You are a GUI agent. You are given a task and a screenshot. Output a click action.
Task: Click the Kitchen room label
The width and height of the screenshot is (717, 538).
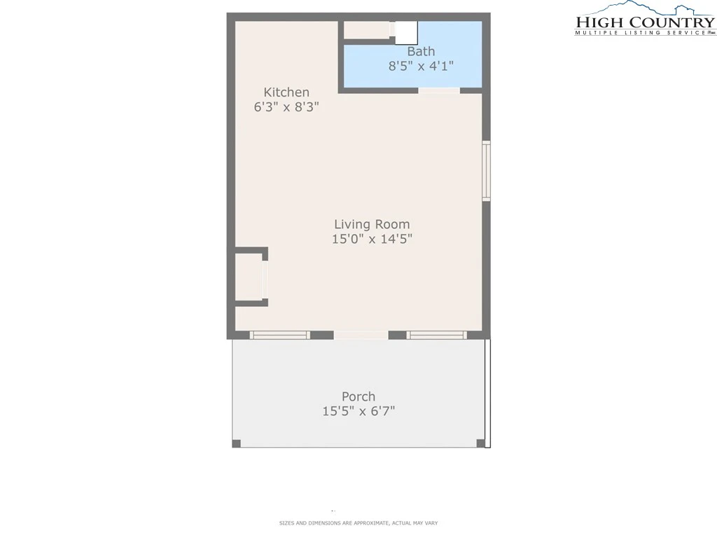click(286, 92)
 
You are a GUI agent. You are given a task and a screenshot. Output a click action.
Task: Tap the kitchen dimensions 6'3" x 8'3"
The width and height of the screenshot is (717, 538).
click(286, 106)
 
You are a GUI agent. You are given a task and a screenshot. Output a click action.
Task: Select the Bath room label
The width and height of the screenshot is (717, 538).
click(421, 51)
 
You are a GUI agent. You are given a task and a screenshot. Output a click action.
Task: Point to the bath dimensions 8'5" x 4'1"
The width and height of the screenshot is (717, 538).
click(421, 66)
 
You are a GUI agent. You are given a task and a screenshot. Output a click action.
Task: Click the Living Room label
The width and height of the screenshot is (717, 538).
click(372, 224)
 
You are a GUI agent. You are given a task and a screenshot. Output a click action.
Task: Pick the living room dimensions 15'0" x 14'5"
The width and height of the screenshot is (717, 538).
click(372, 239)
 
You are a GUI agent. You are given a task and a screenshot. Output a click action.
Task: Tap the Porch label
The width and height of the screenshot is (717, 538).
click(358, 396)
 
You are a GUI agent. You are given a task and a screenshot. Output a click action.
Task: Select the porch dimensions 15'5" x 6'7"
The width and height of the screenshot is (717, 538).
click(358, 411)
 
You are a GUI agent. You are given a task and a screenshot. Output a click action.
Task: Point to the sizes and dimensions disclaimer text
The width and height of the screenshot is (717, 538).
click(358, 523)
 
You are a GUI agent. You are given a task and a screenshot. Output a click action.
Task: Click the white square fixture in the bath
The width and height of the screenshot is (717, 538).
click(406, 32)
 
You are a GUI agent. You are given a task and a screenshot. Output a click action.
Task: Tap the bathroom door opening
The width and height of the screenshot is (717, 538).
click(439, 90)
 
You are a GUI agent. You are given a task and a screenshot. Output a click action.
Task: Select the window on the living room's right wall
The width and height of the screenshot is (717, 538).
click(487, 171)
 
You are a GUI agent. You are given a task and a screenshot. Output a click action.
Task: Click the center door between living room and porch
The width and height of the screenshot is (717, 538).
click(361, 336)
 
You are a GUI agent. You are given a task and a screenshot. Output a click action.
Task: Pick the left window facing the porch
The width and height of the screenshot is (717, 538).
click(280, 336)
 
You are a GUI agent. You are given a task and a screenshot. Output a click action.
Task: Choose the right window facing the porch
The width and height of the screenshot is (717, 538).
click(437, 336)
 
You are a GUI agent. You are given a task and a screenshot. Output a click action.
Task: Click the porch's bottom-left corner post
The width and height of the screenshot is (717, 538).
click(237, 443)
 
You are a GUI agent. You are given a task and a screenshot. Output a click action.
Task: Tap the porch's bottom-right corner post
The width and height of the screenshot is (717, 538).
click(480, 443)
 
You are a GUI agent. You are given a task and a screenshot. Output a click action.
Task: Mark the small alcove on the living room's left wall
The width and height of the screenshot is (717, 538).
click(249, 277)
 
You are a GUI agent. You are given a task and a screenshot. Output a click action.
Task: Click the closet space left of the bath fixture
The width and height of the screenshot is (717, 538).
click(367, 30)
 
